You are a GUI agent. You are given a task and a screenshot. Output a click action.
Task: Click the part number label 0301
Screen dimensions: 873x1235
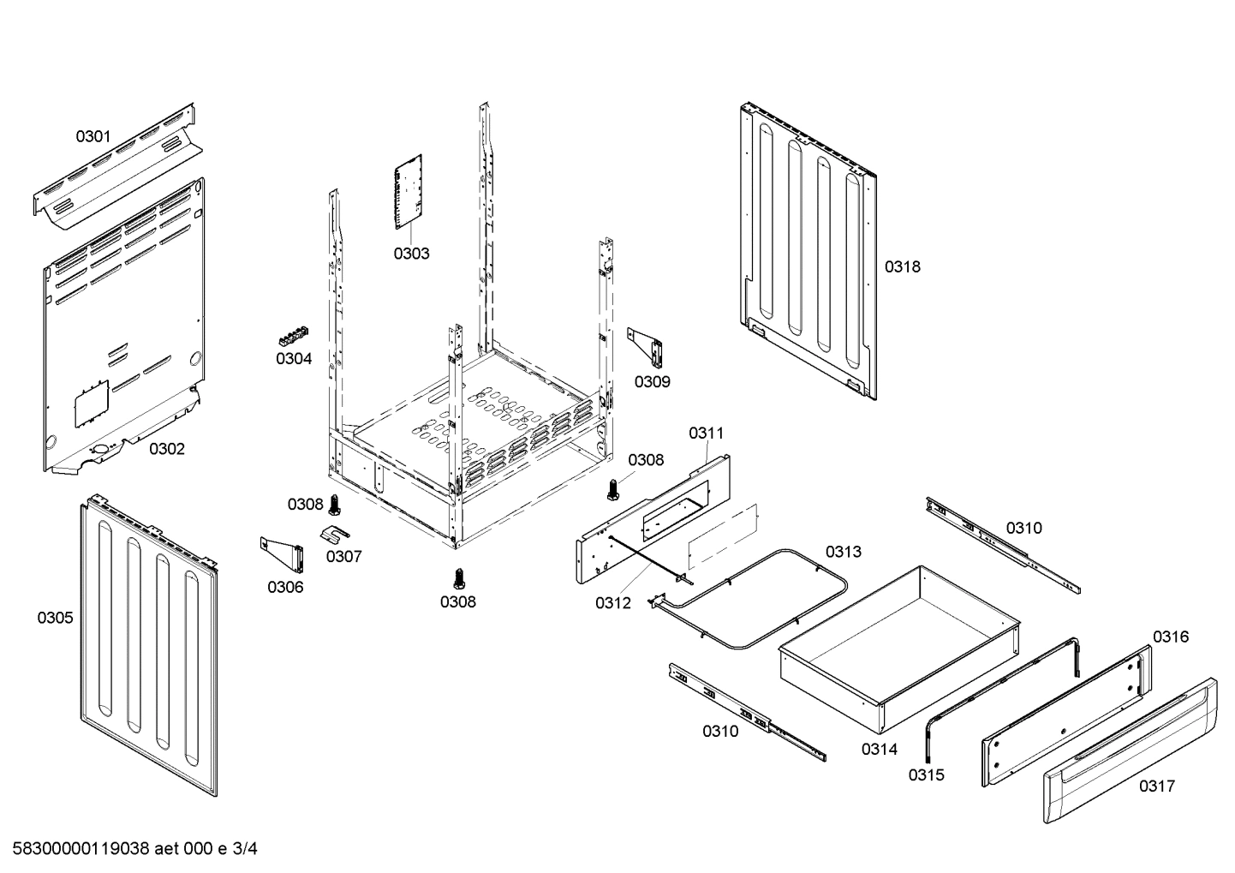[x=93, y=135]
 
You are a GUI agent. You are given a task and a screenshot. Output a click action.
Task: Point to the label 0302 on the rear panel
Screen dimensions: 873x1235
[x=167, y=448]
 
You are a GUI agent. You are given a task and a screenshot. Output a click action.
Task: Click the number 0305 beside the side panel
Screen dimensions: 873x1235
[x=55, y=617]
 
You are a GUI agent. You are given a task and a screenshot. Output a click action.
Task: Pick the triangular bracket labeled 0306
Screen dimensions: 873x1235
[x=283, y=554]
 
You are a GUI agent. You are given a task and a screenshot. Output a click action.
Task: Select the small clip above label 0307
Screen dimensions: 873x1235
[x=335, y=535]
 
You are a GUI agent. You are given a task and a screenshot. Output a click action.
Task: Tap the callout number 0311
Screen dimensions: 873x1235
[x=707, y=434]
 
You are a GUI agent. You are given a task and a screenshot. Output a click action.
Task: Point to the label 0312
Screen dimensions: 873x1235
[x=613, y=603]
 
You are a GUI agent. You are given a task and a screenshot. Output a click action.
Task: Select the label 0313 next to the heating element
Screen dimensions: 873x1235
[x=843, y=552]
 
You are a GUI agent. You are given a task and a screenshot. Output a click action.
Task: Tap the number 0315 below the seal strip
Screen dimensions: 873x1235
[x=926, y=774]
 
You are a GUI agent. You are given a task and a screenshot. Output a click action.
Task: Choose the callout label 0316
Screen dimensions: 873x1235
[x=1170, y=637]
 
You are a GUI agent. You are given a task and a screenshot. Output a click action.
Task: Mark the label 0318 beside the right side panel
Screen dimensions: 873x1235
[x=903, y=266]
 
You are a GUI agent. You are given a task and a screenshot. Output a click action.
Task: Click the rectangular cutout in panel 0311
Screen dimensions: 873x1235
[x=677, y=505]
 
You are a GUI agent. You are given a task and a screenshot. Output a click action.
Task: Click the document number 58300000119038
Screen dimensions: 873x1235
[x=78, y=849]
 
